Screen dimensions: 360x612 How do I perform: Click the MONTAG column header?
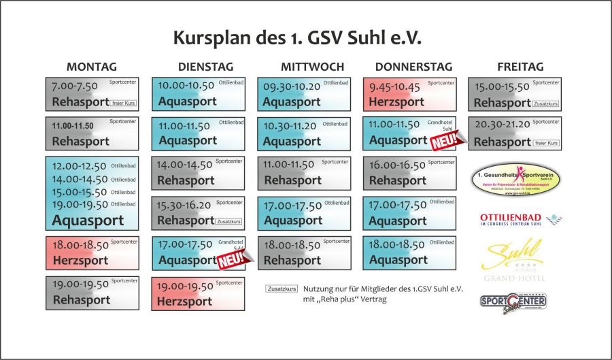click(91, 67)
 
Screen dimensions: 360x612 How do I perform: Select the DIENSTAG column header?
click(205, 67)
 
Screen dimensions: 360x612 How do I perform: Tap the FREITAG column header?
click(520, 67)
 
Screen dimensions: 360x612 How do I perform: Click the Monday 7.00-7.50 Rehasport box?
click(92, 95)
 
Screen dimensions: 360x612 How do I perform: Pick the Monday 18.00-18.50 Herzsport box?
click(92, 253)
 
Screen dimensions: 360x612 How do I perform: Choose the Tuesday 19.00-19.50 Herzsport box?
click(198, 293)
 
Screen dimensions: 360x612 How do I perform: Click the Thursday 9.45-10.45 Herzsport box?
click(409, 95)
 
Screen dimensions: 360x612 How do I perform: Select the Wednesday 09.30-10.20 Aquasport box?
click(304, 95)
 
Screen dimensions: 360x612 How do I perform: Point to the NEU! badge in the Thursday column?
click(443, 140)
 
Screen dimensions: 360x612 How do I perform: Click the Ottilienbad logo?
click(520, 219)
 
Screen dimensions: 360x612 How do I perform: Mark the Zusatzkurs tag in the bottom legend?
click(282, 289)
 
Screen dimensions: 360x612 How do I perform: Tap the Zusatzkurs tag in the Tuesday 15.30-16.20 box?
click(227, 222)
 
